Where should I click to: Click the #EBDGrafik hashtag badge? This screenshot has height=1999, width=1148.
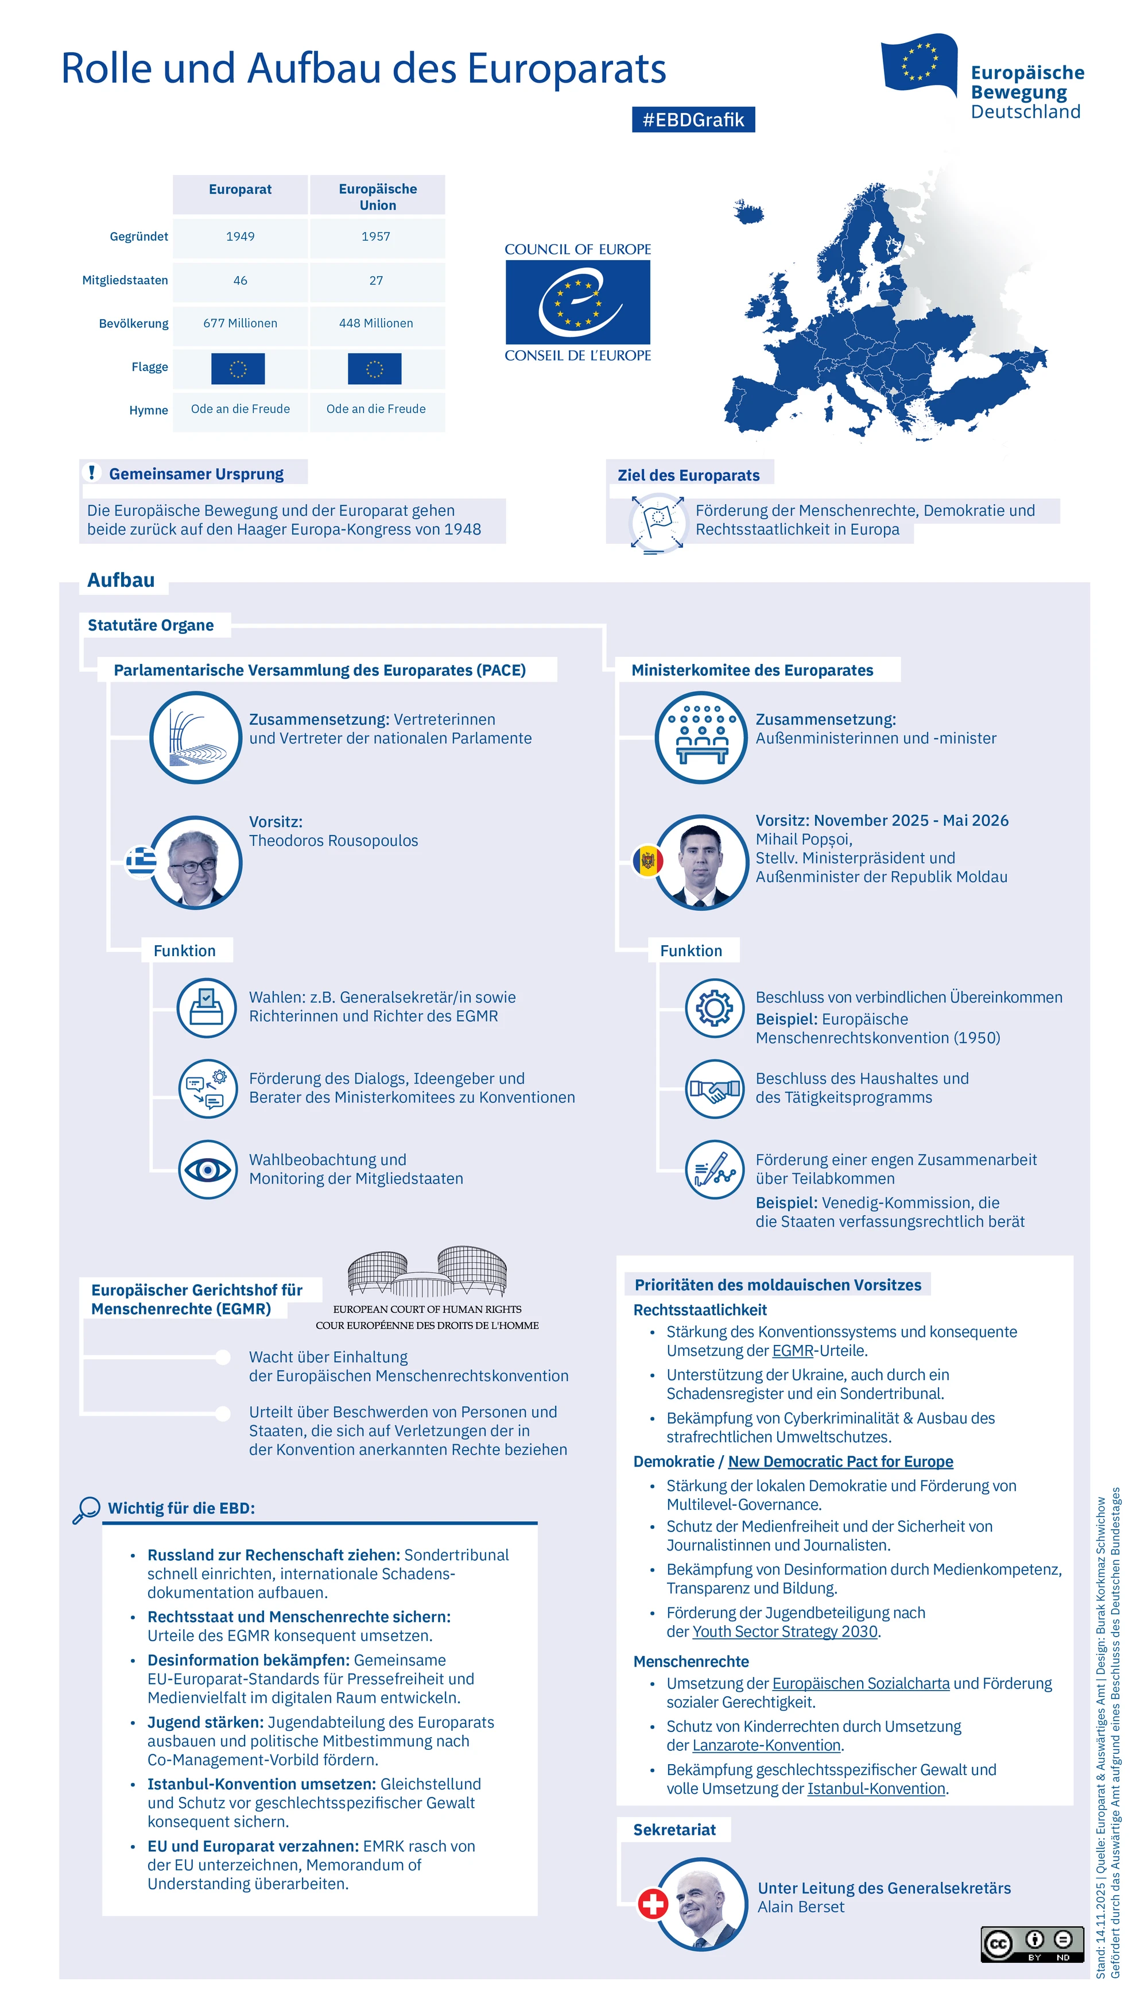point(693,120)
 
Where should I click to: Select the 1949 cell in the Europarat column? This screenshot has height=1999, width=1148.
point(240,237)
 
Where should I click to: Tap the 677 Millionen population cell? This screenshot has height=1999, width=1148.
point(240,323)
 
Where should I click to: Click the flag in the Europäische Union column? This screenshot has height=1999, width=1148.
point(374,368)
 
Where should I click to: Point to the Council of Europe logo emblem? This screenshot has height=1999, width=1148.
point(578,302)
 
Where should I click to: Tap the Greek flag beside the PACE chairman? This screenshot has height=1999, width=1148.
point(141,860)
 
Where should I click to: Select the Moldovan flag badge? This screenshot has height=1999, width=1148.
point(647,860)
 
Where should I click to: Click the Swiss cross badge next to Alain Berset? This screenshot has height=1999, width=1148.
point(653,1904)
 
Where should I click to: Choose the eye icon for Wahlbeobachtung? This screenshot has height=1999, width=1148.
point(207,1169)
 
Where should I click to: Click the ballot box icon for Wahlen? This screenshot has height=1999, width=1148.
point(207,1007)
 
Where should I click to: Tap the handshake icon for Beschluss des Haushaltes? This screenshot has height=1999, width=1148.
point(715,1088)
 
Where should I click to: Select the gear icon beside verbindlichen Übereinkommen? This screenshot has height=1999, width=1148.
point(715,1007)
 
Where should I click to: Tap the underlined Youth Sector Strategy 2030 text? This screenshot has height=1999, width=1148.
point(785,1631)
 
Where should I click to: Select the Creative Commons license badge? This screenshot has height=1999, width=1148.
point(1031,1944)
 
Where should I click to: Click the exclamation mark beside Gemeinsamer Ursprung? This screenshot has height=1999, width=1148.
point(92,473)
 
